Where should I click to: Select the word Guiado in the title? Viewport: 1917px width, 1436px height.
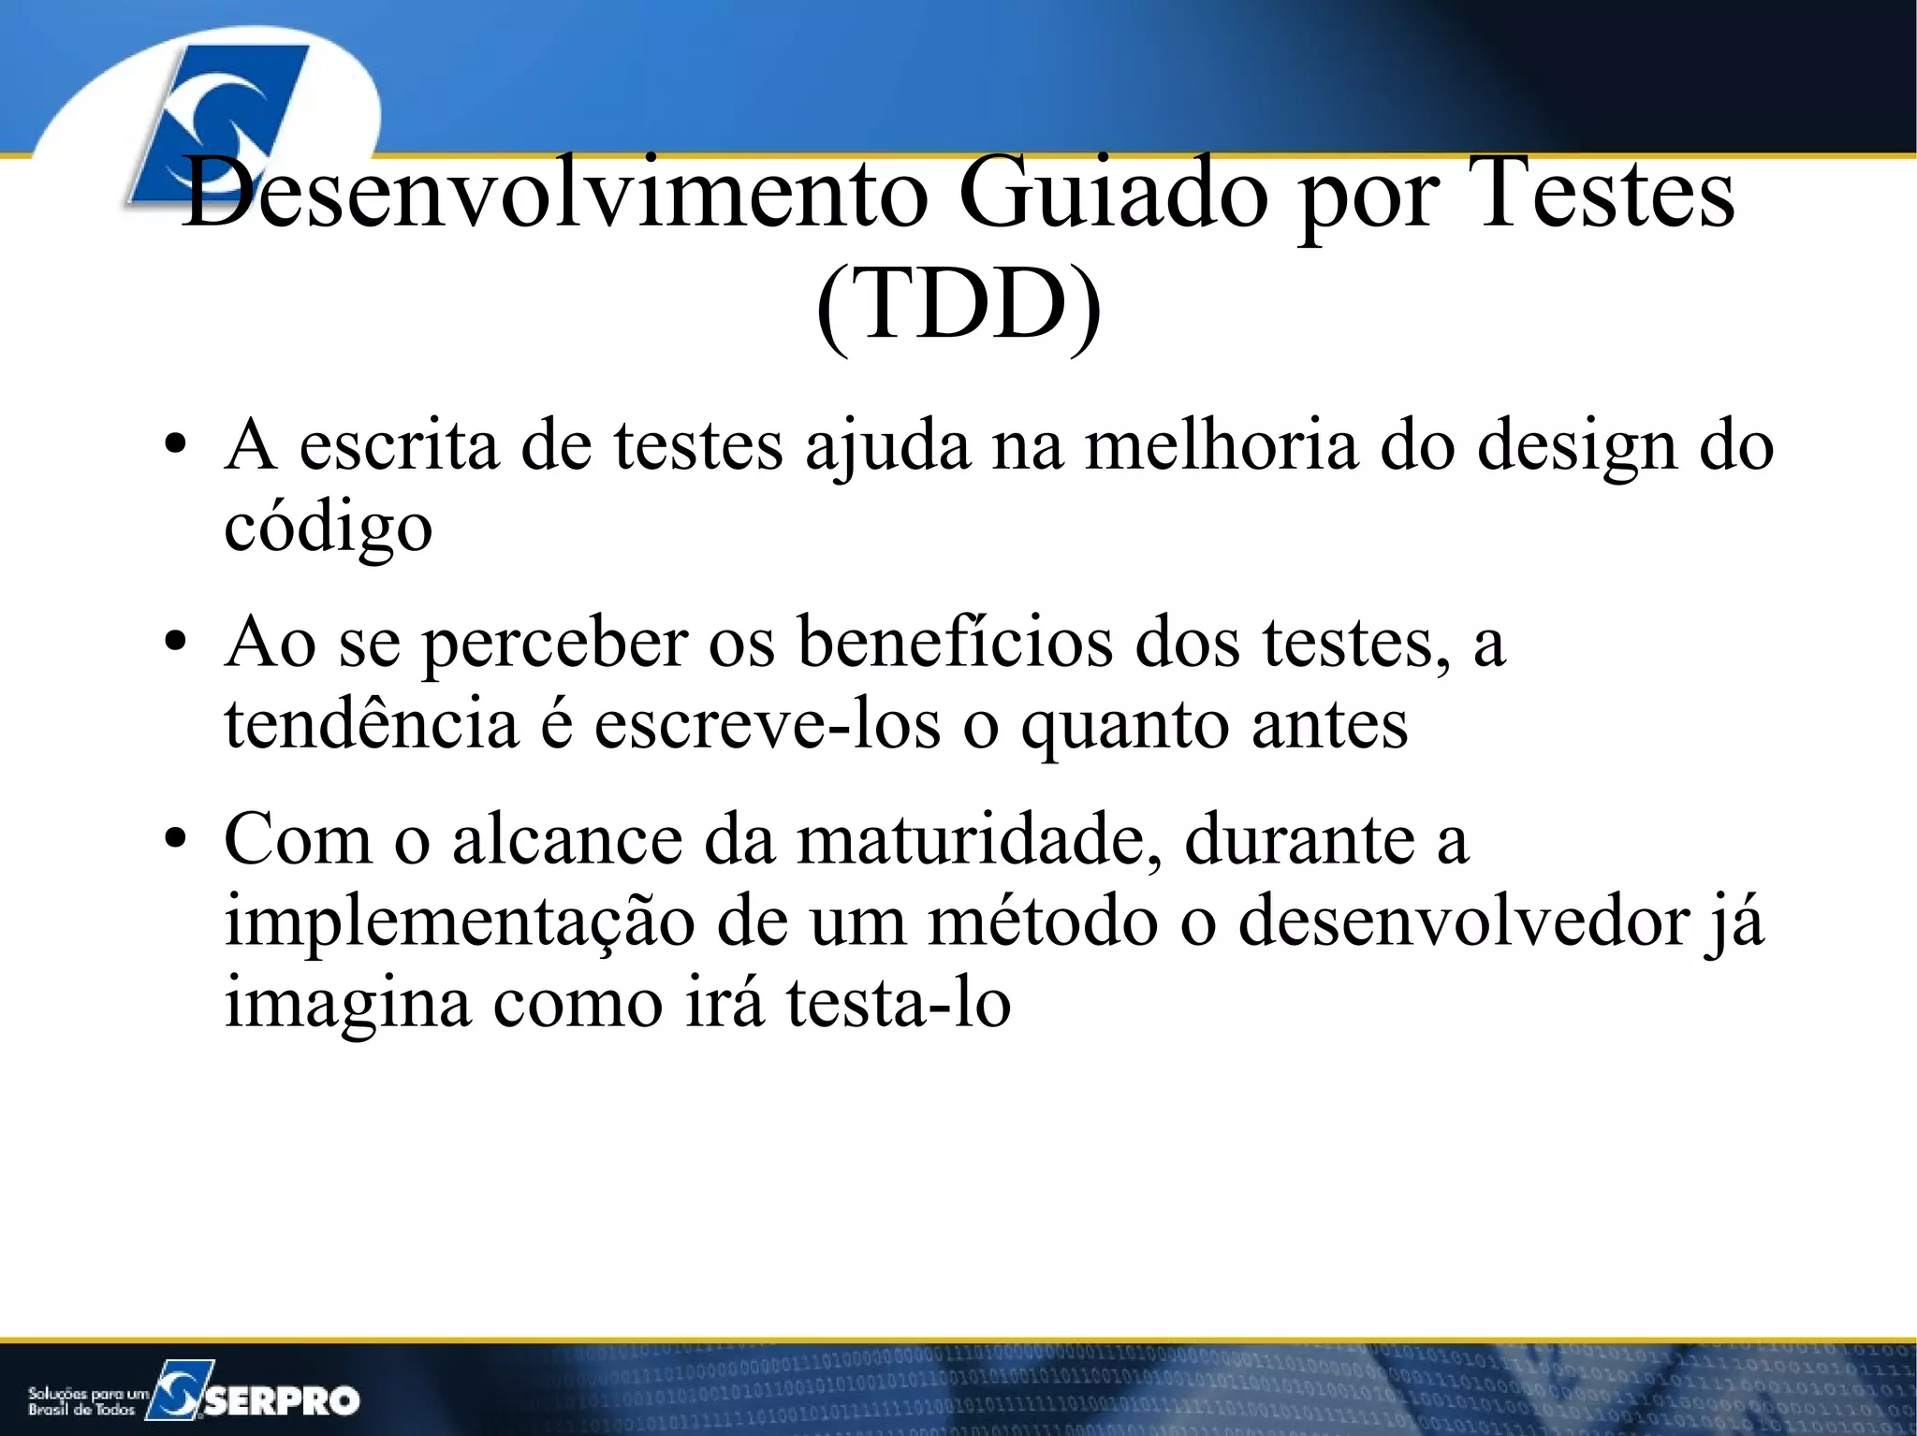[x=1114, y=195]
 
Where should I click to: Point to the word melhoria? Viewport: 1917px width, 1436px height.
[x=1221, y=445]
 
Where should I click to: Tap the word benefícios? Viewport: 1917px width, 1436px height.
[x=956, y=644]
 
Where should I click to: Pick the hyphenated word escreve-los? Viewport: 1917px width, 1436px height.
[x=768, y=724]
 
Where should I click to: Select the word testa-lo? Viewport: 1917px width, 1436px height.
[x=899, y=1003]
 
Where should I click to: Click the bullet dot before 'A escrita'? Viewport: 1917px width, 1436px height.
[x=175, y=446]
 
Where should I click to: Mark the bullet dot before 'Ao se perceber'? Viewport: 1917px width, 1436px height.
[x=175, y=645]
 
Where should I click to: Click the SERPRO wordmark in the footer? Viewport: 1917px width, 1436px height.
[x=281, y=1400]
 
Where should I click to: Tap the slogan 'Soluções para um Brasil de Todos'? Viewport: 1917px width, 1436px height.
[x=86, y=1400]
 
